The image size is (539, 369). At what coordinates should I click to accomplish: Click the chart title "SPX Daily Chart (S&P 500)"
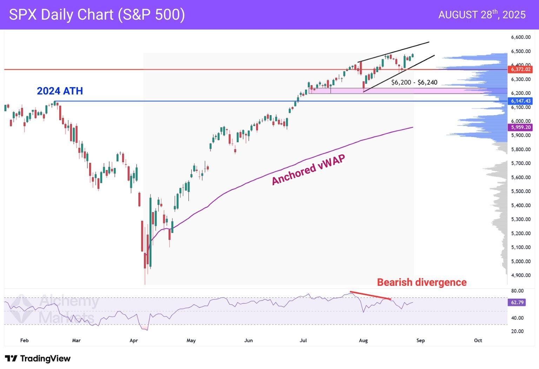pyautogui.click(x=97, y=15)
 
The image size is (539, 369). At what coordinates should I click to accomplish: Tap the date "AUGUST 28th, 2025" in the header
pyautogui.click(x=482, y=14)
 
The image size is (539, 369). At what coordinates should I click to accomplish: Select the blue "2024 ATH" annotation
pyautogui.click(x=60, y=91)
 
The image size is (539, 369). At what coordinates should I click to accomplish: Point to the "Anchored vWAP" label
pyautogui.click(x=308, y=170)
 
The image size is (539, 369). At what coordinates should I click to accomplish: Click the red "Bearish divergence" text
pyautogui.click(x=421, y=282)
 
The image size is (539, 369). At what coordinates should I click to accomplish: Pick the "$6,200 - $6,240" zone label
pyautogui.click(x=414, y=83)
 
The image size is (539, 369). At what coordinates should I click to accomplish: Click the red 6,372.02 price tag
pyautogui.click(x=520, y=70)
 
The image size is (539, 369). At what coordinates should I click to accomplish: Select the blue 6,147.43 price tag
pyautogui.click(x=520, y=101)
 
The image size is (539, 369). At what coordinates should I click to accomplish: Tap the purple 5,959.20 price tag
pyautogui.click(x=520, y=127)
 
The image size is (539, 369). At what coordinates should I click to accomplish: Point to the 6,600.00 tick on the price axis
pyautogui.click(x=520, y=37)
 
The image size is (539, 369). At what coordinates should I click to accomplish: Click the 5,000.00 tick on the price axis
pyautogui.click(x=520, y=261)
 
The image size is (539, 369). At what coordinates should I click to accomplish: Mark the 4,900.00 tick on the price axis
pyautogui.click(x=520, y=275)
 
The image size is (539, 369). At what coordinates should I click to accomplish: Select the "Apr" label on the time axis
pyautogui.click(x=134, y=340)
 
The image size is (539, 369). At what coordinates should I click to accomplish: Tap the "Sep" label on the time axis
pyautogui.click(x=420, y=340)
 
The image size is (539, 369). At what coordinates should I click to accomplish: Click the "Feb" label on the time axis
pyautogui.click(x=24, y=340)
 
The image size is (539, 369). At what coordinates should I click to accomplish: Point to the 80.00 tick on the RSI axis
pyautogui.click(x=517, y=291)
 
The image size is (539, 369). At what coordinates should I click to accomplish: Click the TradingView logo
pyautogui.click(x=38, y=358)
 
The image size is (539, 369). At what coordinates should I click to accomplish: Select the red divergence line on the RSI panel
pyautogui.click(x=370, y=295)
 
